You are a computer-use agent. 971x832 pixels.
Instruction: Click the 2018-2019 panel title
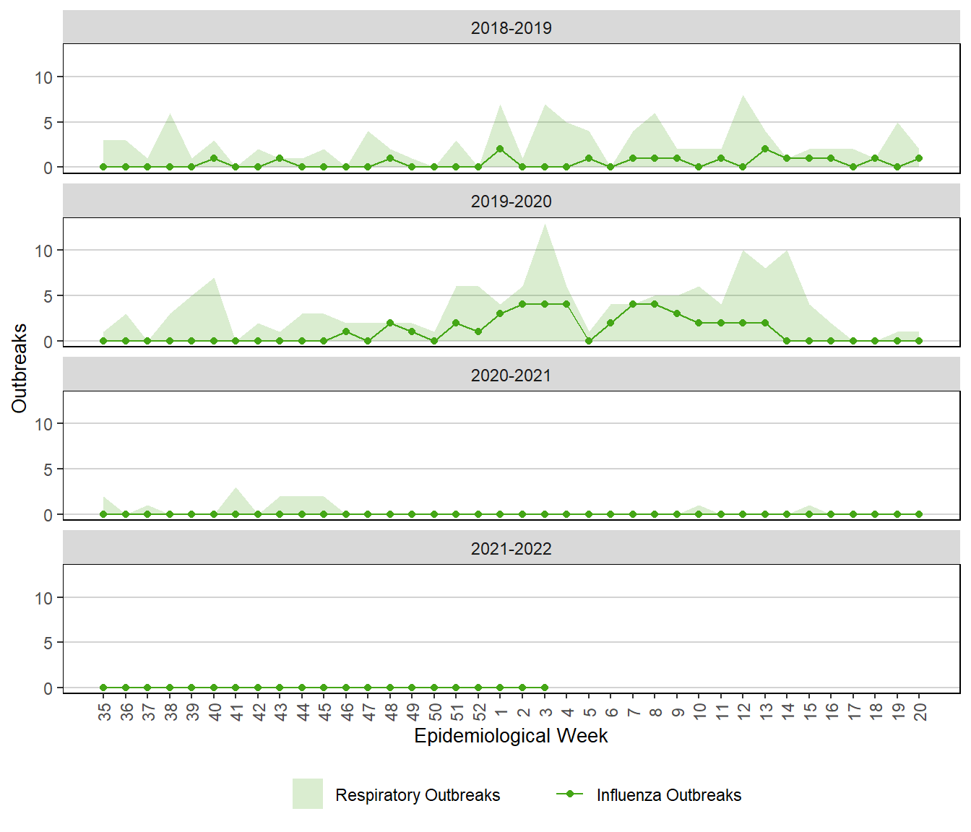click(x=511, y=28)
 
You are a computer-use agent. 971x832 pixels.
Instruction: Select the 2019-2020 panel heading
click(x=511, y=201)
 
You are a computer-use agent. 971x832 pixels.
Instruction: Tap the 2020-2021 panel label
click(x=511, y=376)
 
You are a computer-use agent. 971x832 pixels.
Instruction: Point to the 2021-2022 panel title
click(x=511, y=549)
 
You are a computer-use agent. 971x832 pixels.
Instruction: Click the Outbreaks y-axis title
click(x=20, y=368)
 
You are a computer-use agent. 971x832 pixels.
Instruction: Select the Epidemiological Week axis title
click(x=511, y=736)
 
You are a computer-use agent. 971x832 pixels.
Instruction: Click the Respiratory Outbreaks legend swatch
click(x=308, y=794)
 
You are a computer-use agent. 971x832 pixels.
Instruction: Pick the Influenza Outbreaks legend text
click(x=668, y=795)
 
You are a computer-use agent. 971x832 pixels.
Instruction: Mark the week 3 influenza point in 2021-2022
click(x=545, y=688)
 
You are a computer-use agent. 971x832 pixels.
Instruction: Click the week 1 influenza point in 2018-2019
click(x=500, y=149)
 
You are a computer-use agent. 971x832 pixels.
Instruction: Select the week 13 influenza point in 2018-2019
click(x=765, y=149)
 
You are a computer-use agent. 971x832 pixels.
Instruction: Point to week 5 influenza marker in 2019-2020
click(x=589, y=341)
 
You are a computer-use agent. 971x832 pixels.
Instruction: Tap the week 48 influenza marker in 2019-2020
click(x=390, y=323)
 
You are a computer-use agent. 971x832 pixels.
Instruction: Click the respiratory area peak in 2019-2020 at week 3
click(x=545, y=225)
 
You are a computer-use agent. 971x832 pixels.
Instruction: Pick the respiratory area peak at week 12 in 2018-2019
click(x=743, y=96)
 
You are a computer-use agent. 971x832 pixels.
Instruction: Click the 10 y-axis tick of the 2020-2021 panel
click(x=44, y=425)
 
